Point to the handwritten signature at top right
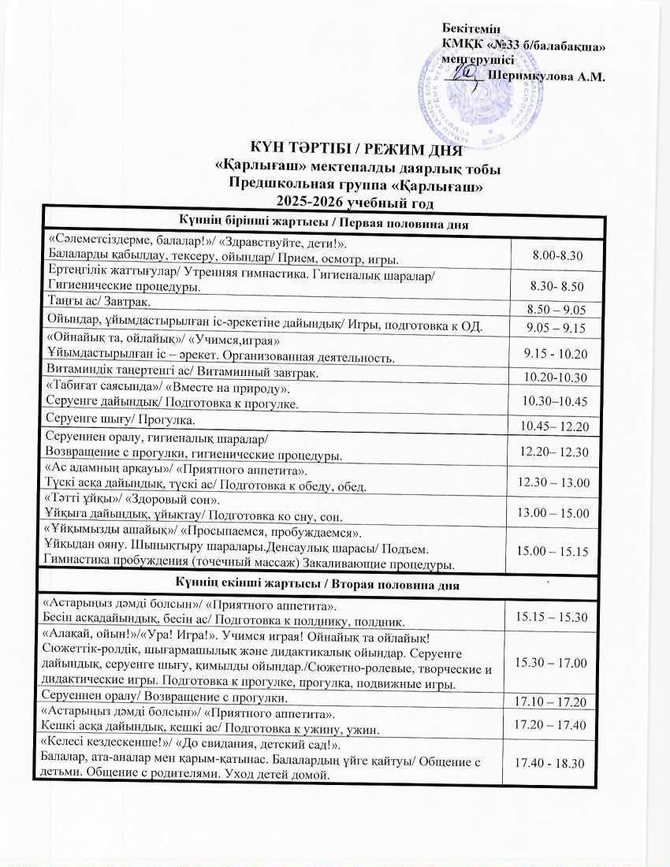point(464,73)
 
